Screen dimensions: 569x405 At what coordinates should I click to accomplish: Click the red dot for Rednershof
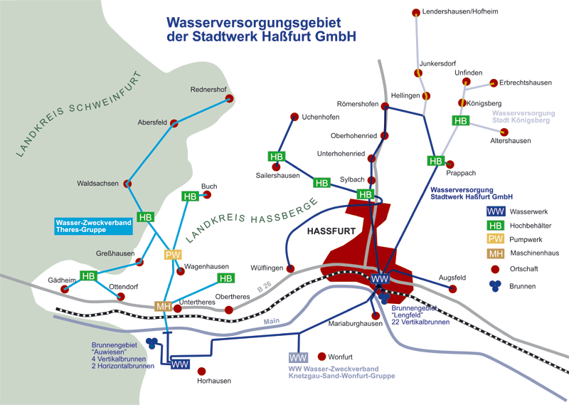pyautogui.click(x=229, y=98)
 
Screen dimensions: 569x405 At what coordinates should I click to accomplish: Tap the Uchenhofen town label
pyautogui.click(x=321, y=117)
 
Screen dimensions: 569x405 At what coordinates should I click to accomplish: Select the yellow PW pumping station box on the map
pyautogui.click(x=173, y=255)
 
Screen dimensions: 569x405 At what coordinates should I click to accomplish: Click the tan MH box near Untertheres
pyautogui.click(x=164, y=306)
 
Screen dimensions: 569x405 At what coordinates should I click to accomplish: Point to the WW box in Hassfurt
pyautogui.click(x=380, y=279)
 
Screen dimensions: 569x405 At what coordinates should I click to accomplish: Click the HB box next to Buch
pyautogui.click(x=190, y=196)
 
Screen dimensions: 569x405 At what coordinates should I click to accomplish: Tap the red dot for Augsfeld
pyautogui.click(x=452, y=289)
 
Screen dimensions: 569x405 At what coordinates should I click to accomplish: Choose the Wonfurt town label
pyautogui.click(x=341, y=357)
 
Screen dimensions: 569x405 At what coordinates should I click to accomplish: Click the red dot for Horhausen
pyautogui.click(x=201, y=372)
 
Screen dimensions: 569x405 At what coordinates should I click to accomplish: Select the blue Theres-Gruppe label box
pyautogui.click(x=94, y=226)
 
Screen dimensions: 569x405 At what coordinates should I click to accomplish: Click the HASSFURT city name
pyautogui.click(x=331, y=231)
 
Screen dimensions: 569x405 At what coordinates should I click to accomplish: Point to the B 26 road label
pyautogui.click(x=265, y=287)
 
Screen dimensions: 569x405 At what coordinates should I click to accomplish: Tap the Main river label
pyautogui.click(x=272, y=321)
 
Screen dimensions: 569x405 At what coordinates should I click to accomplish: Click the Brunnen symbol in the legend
pyautogui.click(x=495, y=286)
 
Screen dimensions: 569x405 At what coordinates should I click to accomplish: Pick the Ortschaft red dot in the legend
pyautogui.click(x=495, y=269)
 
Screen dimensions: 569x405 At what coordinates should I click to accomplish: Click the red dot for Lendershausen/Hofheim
pyautogui.click(x=416, y=13)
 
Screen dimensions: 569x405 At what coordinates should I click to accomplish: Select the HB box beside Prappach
pyautogui.click(x=436, y=161)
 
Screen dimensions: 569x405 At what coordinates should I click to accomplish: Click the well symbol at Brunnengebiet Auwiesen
pyautogui.click(x=151, y=343)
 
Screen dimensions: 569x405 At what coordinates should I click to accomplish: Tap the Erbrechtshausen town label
pyautogui.click(x=526, y=83)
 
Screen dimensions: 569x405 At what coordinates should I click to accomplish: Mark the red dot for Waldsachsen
pyautogui.click(x=127, y=184)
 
